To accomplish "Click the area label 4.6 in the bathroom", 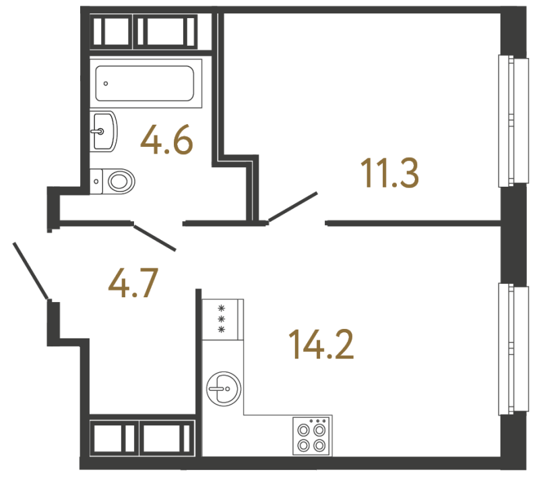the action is point(166,140).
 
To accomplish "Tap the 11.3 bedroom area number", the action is point(390,174).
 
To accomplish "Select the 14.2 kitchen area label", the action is point(321,344).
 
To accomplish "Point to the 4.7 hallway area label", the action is point(133,283).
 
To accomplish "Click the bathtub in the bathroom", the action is point(146,83).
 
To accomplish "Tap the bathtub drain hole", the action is point(106,84).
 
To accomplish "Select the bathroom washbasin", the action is point(104,131).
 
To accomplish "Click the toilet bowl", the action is point(121,181).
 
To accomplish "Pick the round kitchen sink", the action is point(224,389).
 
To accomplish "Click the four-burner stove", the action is point(313,435).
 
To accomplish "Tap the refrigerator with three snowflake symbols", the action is point(223,320).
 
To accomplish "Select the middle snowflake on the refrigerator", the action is point(222,319).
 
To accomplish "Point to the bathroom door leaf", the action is point(155,238).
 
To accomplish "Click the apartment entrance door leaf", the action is point(30,271).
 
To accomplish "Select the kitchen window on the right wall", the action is point(513,349).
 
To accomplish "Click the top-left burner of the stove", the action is point(304,430).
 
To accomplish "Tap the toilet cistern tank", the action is point(96,181).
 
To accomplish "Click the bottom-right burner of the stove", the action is point(319,446).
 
